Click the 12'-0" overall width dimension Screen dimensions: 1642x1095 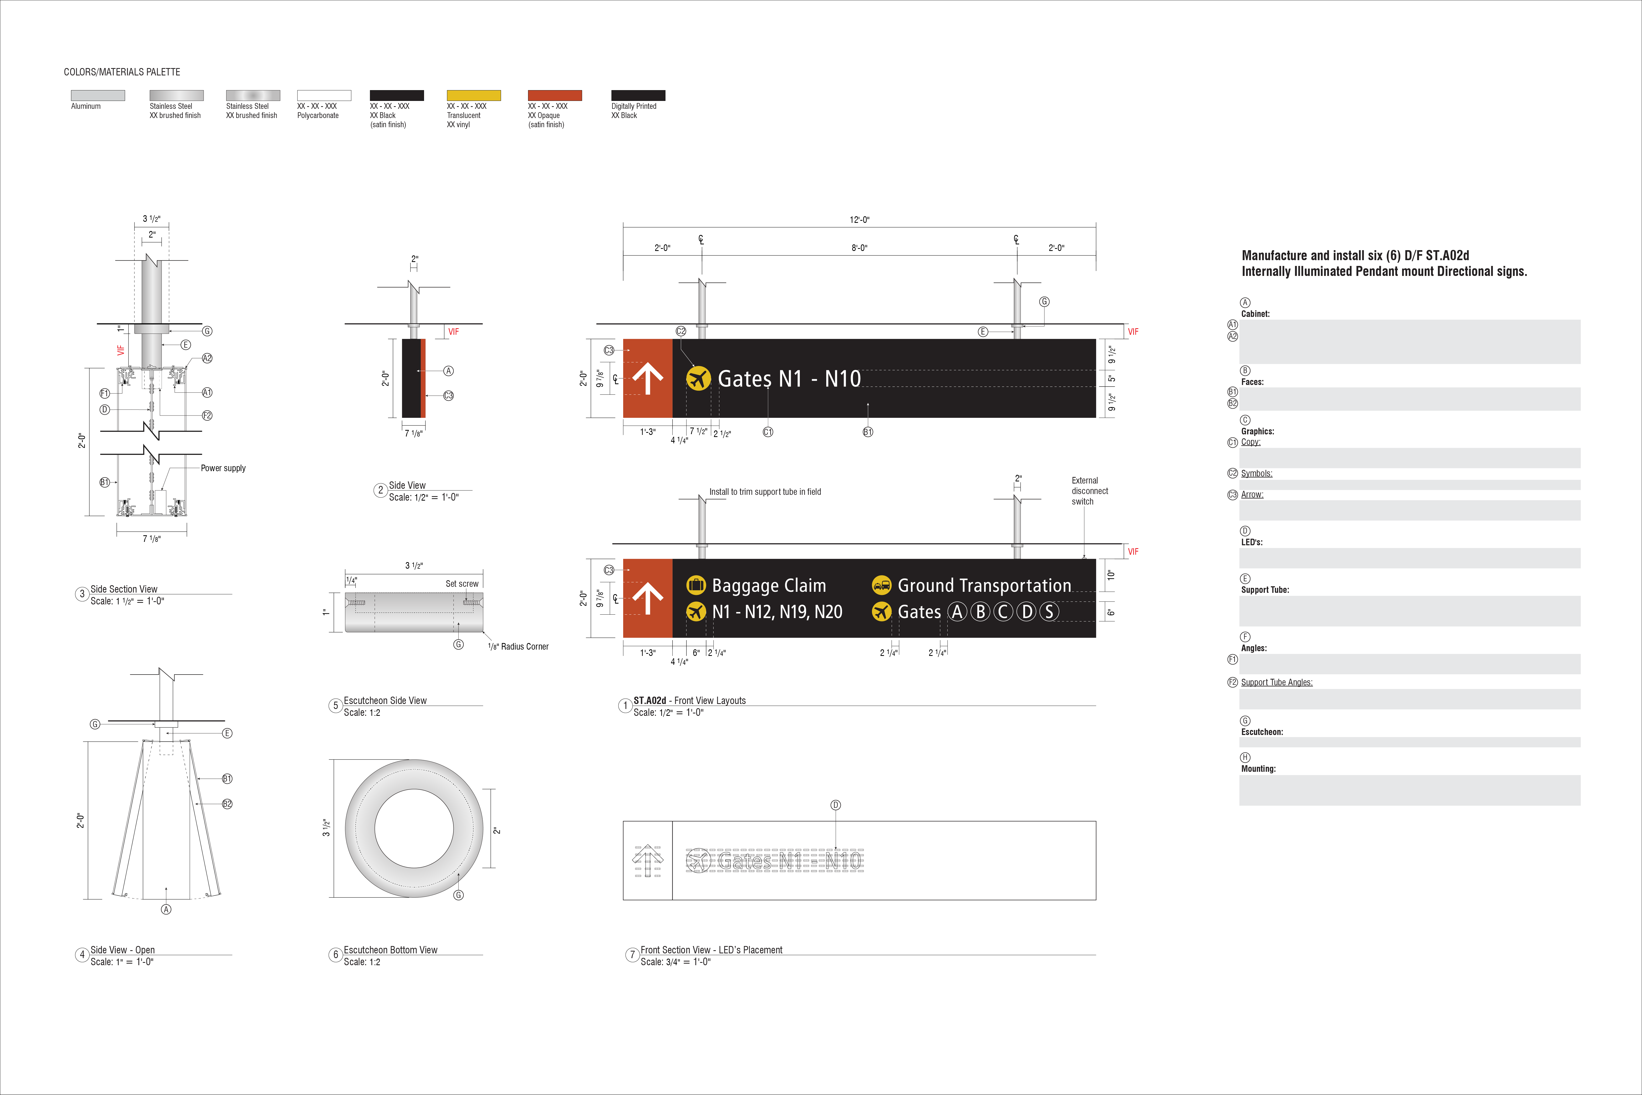pos(859,220)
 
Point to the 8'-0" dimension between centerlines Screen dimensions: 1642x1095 pos(859,248)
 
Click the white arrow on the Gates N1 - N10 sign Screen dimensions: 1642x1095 pos(648,378)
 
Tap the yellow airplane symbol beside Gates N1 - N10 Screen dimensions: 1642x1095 pos(698,378)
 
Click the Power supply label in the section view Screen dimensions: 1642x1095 pos(223,468)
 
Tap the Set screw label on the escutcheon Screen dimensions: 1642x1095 pos(462,584)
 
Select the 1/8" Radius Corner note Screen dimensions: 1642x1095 pos(518,647)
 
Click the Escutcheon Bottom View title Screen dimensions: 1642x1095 pos(390,950)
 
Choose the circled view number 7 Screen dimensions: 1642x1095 pos(633,955)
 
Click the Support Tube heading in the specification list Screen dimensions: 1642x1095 pos(1265,590)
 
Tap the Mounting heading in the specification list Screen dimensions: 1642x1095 pos(1258,769)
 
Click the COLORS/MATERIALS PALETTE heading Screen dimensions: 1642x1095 pos(122,72)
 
